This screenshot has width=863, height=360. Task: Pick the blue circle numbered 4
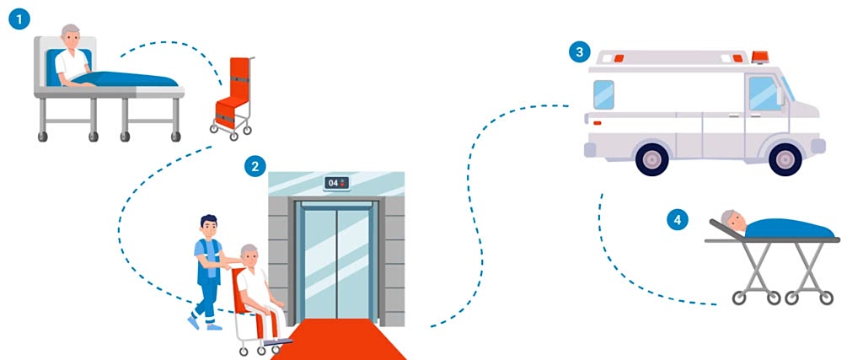(676, 220)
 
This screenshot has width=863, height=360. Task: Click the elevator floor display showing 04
(336, 183)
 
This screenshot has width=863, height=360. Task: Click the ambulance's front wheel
(785, 159)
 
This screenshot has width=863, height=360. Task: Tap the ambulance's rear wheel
(651, 159)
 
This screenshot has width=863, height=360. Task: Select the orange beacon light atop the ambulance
(759, 56)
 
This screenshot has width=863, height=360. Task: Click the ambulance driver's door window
(764, 92)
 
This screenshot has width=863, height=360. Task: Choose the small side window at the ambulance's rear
(603, 94)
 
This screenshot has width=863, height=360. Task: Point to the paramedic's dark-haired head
(206, 227)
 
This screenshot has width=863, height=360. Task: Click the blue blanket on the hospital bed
(135, 80)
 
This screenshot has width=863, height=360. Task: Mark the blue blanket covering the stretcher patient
(788, 228)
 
